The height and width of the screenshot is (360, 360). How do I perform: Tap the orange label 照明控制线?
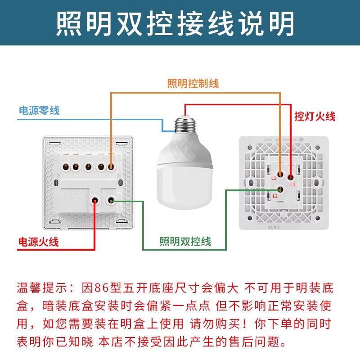point(193,83)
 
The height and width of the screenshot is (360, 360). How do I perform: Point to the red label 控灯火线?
point(315,117)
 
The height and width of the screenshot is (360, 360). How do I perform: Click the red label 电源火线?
point(38,242)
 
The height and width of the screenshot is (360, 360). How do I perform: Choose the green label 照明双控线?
point(185,242)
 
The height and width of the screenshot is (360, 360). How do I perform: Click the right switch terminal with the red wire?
point(290,177)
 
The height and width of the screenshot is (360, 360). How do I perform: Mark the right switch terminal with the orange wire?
point(280,174)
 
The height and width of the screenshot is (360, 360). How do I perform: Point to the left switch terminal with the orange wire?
point(111,167)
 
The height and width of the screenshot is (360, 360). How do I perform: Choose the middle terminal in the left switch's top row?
point(88,167)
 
